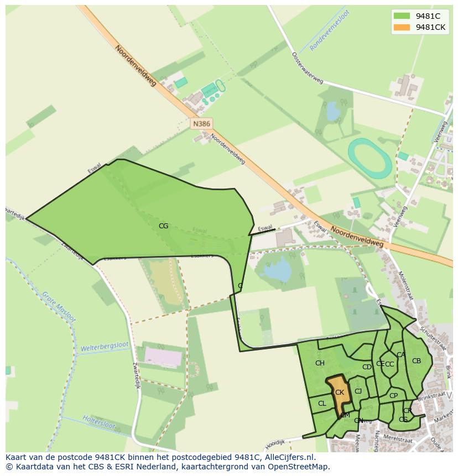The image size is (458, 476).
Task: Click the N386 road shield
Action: coord(201,124)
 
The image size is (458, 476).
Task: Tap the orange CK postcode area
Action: coord(339,394)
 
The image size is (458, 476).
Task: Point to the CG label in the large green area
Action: coord(163,226)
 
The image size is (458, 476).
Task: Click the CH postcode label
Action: coord(320,363)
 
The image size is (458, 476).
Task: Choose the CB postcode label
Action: coord(417,361)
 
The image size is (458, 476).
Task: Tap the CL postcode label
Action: coord(322,404)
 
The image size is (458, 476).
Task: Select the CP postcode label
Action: coord(393,395)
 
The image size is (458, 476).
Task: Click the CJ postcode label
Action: coord(358,391)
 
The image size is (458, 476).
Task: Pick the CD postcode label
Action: coord(367,367)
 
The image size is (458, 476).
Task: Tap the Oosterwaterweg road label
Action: coord(306,66)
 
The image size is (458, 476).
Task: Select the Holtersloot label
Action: coord(98,421)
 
